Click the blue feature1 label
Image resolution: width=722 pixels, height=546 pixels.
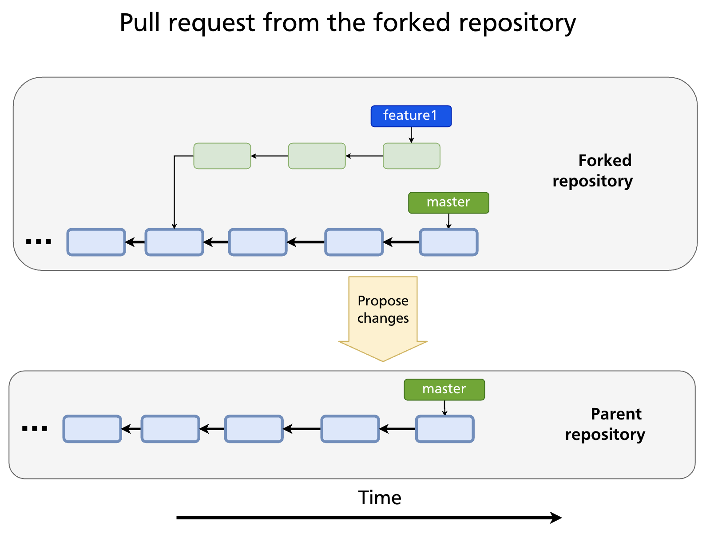tap(411, 116)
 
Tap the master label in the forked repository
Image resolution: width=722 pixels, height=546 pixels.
tap(448, 202)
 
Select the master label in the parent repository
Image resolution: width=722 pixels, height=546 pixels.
tap(444, 389)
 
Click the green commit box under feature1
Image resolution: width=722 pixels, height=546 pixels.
tap(411, 156)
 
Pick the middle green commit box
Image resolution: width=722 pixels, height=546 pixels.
tap(317, 156)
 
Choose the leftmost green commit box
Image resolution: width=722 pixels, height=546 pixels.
tap(222, 156)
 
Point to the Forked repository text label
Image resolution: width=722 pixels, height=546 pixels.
tap(593, 170)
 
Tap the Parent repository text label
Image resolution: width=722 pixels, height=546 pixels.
tap(605, 424)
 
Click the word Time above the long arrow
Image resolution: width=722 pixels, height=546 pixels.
tap(380, 498)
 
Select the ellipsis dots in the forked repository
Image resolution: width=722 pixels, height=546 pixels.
tap(39, 242)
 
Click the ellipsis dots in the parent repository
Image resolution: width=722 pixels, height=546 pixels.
tap(35, 429)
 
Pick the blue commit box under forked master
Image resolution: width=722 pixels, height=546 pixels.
tap(448, 242)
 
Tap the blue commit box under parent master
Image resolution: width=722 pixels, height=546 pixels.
tap(444, 429)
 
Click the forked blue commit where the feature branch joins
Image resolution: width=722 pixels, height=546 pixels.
tap(174, 242)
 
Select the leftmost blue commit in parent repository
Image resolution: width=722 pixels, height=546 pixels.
tap(92, 429)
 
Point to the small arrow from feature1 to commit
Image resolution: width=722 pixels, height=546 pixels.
tap(411, 135)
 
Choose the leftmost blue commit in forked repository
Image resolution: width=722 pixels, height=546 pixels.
tap(96, 242)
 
